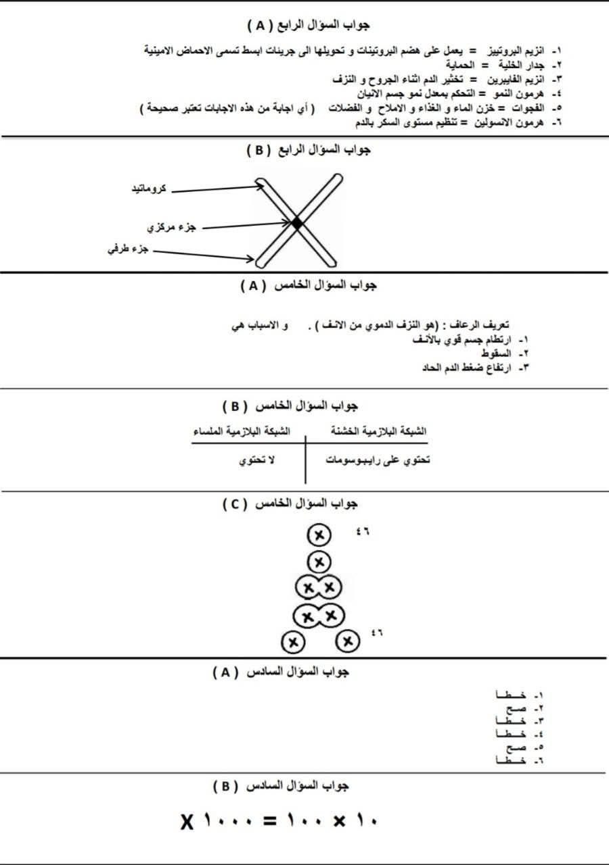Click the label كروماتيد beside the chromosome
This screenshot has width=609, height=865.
point(150,189)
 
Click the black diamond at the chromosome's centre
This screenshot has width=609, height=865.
point(296,222)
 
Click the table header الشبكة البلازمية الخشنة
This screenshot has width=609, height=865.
point(380,431)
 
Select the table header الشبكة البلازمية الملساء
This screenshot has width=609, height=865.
point(242,431)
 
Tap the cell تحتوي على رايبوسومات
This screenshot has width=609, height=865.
point(379,461)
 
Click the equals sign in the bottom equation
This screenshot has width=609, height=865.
point(270,821)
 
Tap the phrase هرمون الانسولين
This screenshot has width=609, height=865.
point(512,122)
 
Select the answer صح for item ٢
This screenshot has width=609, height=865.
point(515,708)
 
